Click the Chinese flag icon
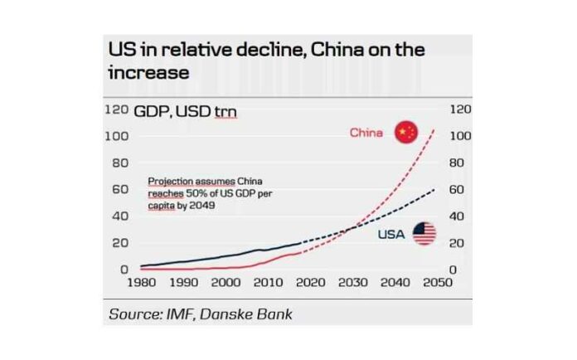[406, 132]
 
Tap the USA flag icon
[424, 234]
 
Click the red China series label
[366, 133]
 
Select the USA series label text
[391, 234]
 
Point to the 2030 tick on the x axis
[353, 282]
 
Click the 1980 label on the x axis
[142, 282]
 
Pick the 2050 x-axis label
[438, 282]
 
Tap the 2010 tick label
[269, 282]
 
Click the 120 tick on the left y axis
[117, 109]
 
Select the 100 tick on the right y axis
[460, 136]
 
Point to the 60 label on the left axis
[120, 189]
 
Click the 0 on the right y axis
[453, 270]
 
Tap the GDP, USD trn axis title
[185, 111]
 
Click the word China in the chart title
[337, 50]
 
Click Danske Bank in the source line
[246, 314]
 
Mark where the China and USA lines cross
[354, 227]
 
